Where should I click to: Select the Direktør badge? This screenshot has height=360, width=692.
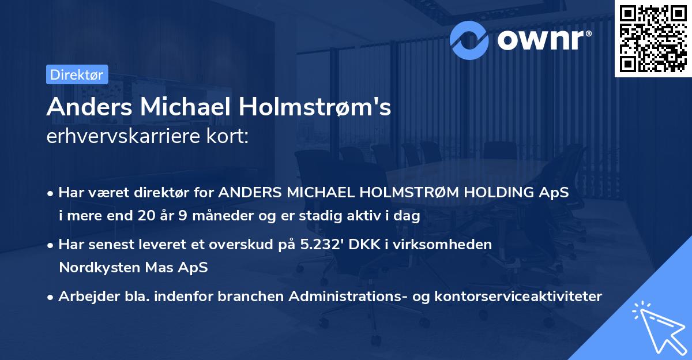pos(77,74)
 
